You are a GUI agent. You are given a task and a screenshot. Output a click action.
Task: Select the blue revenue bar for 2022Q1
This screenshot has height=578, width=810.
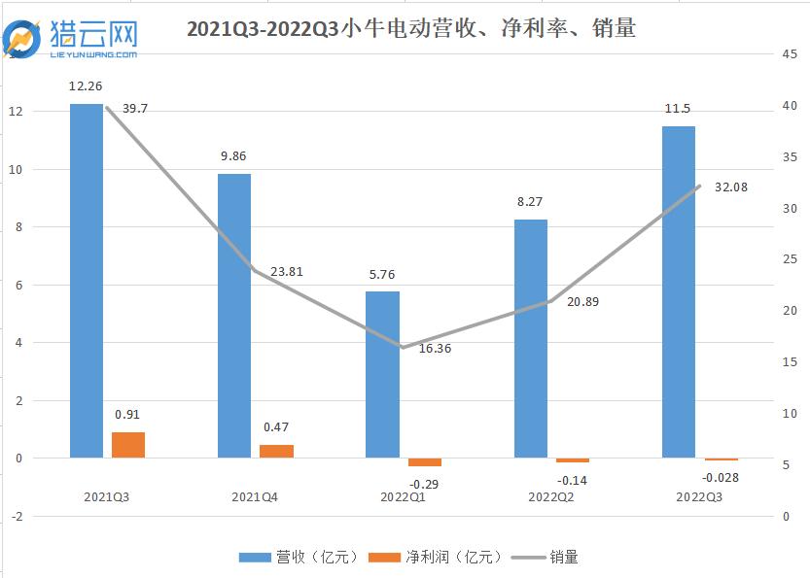[382, 374]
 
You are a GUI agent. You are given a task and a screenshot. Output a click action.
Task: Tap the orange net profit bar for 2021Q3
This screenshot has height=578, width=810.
[128, 445]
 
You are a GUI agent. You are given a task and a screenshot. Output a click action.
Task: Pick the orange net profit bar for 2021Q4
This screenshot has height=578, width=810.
[276, 451]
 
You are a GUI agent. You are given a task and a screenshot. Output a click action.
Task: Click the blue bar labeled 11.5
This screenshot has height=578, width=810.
[679, 291]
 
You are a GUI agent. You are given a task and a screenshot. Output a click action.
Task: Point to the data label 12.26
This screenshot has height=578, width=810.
[86, 86]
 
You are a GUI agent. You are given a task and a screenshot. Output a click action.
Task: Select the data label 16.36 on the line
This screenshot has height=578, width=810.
[436, 348]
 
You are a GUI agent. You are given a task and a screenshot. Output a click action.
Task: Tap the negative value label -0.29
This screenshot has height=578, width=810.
[423, 483]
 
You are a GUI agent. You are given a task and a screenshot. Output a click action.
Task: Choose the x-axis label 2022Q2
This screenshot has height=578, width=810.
[551, 497]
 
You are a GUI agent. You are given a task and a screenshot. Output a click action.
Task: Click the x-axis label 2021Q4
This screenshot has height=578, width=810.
[255, 497]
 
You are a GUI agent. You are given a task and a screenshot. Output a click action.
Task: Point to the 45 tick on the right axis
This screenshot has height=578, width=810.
[790, 54]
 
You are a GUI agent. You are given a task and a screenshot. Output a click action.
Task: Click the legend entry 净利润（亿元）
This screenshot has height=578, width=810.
[449, 557]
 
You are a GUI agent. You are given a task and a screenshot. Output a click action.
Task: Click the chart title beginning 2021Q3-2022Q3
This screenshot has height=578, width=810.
[410, 29]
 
